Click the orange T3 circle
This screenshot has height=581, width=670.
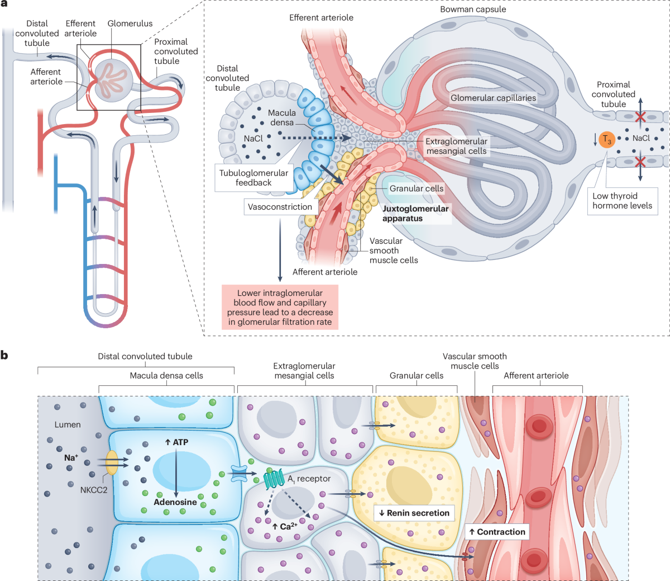click(607, 139)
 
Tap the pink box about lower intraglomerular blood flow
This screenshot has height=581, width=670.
click(280, 307)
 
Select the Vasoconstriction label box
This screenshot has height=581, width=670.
click(280, 207)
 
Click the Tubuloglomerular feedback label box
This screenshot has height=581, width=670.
click(253, 178)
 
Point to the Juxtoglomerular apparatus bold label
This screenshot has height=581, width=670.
click(415, 213)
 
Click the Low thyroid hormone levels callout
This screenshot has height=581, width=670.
click(622, 201)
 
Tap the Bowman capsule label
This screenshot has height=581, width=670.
click(473, 10)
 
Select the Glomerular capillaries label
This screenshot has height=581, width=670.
click(493, 98)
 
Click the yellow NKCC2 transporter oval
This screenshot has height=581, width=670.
click(112, 463)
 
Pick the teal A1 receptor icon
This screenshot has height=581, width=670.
click(274, 478)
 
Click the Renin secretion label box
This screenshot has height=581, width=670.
click(414, 513)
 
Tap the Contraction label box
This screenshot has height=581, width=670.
click(497, 532)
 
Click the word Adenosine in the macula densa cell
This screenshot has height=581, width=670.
click(175, 502)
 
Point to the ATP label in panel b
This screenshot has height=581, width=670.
click(177, 442)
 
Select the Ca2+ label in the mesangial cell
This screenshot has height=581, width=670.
click(284, 526)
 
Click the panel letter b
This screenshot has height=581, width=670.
click(4, 355)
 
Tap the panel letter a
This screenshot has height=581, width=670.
click(4, 4)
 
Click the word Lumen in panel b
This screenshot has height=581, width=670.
click(68, 425)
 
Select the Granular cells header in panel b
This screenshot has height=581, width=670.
click(416, 376)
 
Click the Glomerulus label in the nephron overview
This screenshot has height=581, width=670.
click(130, 23)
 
